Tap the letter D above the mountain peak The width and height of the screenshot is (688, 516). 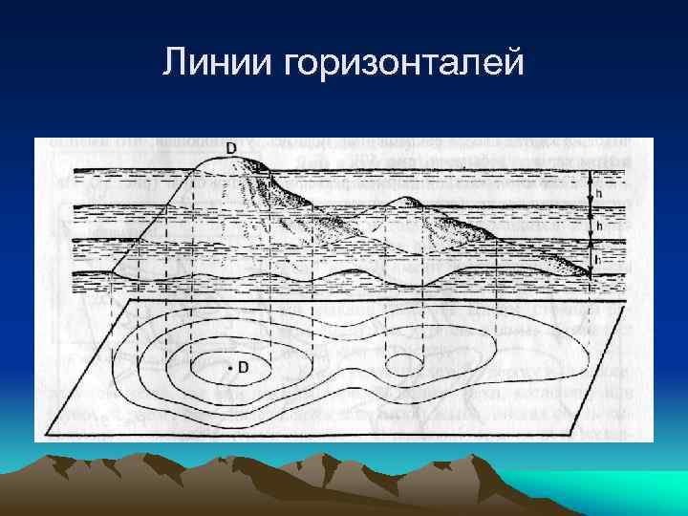(x=231, y=148)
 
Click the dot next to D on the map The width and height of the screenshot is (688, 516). (x=229, y=367)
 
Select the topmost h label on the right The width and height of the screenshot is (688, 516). (x=598, y=191)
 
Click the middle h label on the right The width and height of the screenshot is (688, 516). (x=598, y=226)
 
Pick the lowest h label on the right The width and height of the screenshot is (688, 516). (x=598, y=258)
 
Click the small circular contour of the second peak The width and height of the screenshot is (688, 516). (x=403, y=364)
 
